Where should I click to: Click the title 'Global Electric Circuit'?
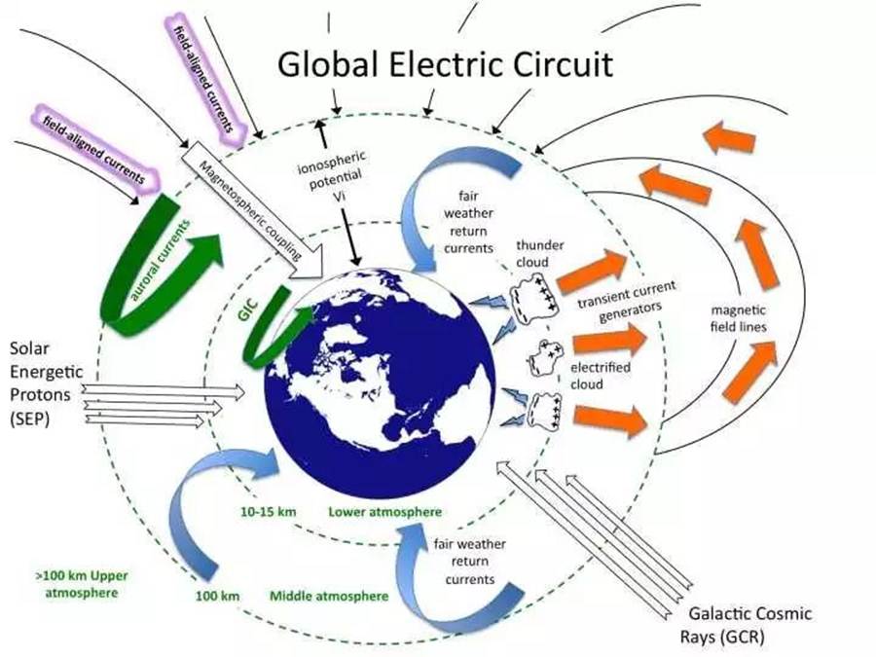click(445, 65)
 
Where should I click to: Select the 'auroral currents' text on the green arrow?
click(161, 260)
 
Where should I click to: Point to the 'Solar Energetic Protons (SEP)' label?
click(47, 383)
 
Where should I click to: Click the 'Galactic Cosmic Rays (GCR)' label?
click(746, 625)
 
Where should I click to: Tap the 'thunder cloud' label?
click(539, 254)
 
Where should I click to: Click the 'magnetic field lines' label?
click(738, 318)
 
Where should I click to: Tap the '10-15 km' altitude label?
click(269, 511)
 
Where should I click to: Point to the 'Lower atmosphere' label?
click(384, 511)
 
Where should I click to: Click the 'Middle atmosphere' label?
click(329, 596)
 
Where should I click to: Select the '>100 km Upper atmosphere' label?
click(82, 584)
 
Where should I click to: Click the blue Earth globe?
click(380, 383)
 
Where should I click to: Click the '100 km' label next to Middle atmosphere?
click(217, 596)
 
